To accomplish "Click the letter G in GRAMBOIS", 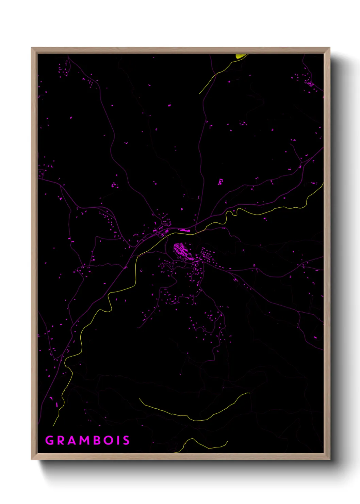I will pyautogui.click(x=50, y=440).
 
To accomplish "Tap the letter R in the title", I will pyautogui.click(x=61, y=440).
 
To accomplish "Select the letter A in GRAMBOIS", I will pyautogui.click(x=72, y=440).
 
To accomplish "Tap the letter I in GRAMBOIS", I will pyautogui.click(x=118, y=440).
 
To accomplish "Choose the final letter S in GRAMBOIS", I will pyautogui.click(x=126, y=440).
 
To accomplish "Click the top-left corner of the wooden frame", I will pyautogui.click(x=32, y=48).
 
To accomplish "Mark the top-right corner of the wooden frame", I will pyautogui.click(x=329, y=48).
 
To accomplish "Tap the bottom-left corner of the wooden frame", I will pyautogui.click(x=32, y=459).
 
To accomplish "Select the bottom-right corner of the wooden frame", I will pyautogui.click(x=329, y=459).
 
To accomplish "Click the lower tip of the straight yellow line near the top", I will pyautogui.click(x=200, y=93).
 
